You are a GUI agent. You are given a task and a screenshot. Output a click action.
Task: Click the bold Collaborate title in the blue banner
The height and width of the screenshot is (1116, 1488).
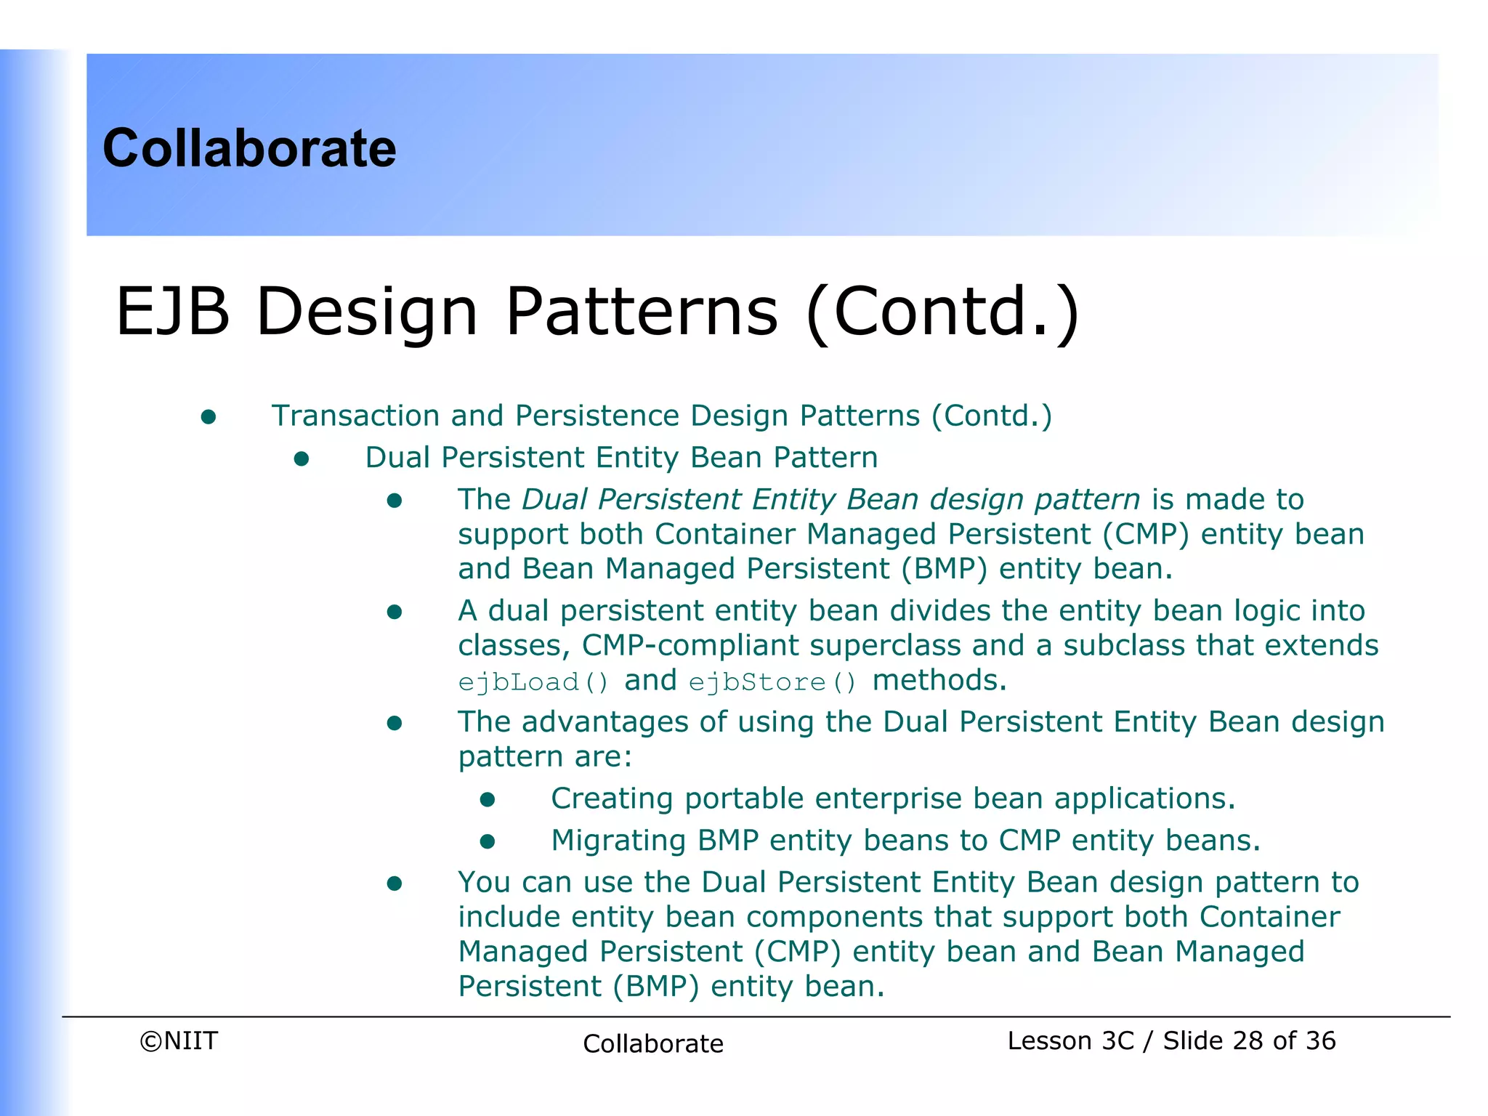[249, 148]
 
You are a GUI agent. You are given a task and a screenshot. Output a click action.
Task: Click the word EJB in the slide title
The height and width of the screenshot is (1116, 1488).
[173, 312]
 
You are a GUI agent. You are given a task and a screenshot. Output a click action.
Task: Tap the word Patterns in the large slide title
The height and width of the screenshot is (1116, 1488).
[641, 312]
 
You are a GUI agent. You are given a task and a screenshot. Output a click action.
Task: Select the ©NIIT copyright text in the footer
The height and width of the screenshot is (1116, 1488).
[179, 1040]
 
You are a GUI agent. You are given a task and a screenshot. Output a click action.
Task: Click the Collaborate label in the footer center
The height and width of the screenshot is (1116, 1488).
[652, 1043]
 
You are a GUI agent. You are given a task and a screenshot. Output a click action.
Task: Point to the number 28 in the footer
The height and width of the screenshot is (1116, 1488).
[1248, 1040]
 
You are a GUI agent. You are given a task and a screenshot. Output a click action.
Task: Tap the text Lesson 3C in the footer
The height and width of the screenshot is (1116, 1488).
[1070, 1040]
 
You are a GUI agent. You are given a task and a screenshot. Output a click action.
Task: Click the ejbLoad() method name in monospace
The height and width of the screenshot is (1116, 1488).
[533, 682]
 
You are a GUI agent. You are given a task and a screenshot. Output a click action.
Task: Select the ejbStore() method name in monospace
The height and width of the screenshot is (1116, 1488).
[772, 682]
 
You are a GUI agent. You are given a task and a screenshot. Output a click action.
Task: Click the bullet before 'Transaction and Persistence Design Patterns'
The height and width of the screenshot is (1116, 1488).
[209, 416]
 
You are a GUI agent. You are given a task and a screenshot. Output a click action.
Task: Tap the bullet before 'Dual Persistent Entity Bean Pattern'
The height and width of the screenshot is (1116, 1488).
[302, 458]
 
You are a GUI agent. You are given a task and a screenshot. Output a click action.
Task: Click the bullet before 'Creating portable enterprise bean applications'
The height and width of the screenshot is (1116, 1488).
[488, 799]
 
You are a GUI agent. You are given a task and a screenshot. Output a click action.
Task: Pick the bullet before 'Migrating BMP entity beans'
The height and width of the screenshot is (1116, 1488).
[488, 841]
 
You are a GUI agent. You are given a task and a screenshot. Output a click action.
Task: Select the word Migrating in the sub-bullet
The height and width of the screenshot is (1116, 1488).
[618, 841]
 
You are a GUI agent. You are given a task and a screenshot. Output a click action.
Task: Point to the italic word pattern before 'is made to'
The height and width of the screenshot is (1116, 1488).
[1087, 500]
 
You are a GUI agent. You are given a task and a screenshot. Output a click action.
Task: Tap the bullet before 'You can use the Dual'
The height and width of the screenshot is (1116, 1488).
[395, 883]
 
